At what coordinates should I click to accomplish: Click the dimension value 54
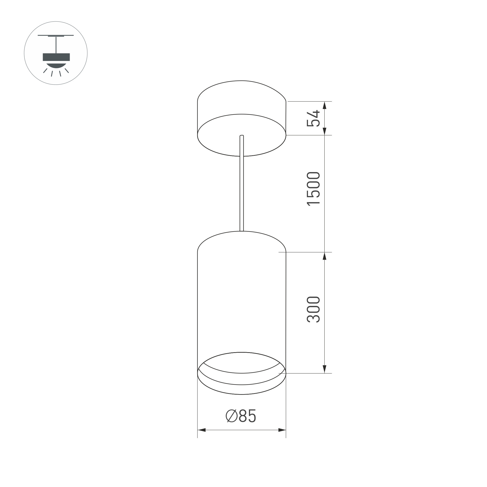click(313, 118)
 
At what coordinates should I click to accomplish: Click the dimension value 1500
click(313, 189)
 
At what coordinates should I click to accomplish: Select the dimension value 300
click(313, 310)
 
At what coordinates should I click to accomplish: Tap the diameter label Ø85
click(241, 416)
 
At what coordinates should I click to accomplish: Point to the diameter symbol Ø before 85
click(231, 416)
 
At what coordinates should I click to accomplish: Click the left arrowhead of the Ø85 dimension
click(202, 430)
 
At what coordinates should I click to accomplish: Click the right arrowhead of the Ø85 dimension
click(282, 430)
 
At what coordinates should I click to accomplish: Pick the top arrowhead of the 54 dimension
click(325, 105)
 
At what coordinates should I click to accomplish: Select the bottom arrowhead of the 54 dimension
click(325, 131)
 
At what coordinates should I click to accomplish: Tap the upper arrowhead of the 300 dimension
click(325, 256)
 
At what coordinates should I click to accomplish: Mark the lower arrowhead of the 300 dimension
click(325, 369)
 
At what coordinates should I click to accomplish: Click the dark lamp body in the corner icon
click(56, 57)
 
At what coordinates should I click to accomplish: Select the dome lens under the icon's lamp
click(56, 66)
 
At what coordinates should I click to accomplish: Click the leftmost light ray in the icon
click(45, 71)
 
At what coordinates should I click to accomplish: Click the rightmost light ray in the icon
click(67, 71)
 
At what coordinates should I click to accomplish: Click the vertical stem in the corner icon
click(56, 45)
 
